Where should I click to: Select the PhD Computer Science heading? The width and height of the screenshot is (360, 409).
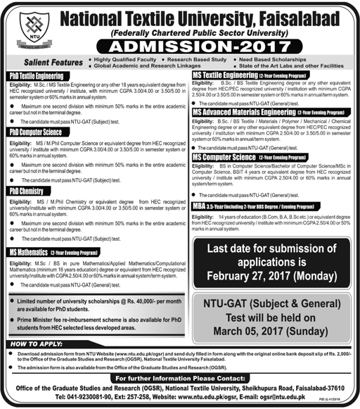coord(36,132)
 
